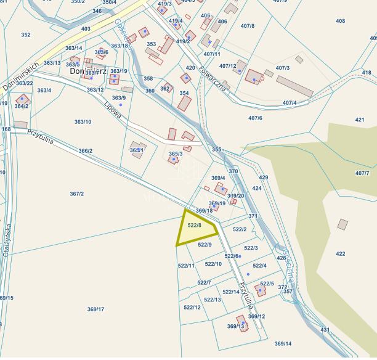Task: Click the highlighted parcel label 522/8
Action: pyautogui.click(x=195, y=226)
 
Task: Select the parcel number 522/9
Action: pyautogui.click(x=205, y=245)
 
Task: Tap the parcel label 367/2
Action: pyautogui.click(x=76, y=194)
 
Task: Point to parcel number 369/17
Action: pyautogui.click(x=95, y=309)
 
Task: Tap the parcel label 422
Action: pyautogui.click(x=340, y=253)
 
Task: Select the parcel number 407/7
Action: pyautogui.click(x=362, y=173)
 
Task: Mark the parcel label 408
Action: pyautogui.click(x=340, y=21)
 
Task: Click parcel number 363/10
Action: pyautogui.click(x=83, y=122)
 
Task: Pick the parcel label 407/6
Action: pyautogui.click(x=255, y=118)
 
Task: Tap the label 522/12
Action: pyautogui.click(x=192, y=307)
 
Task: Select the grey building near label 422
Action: pyautogui.click(x=343, y=224)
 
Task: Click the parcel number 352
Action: pyautogui.click(x=25, y=35)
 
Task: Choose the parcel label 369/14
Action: pyautogui.click(x=283, y=343)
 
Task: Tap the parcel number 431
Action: pyautogui.click(x=325, y=330)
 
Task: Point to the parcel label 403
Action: pyautogui.click(x=86, y=29)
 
